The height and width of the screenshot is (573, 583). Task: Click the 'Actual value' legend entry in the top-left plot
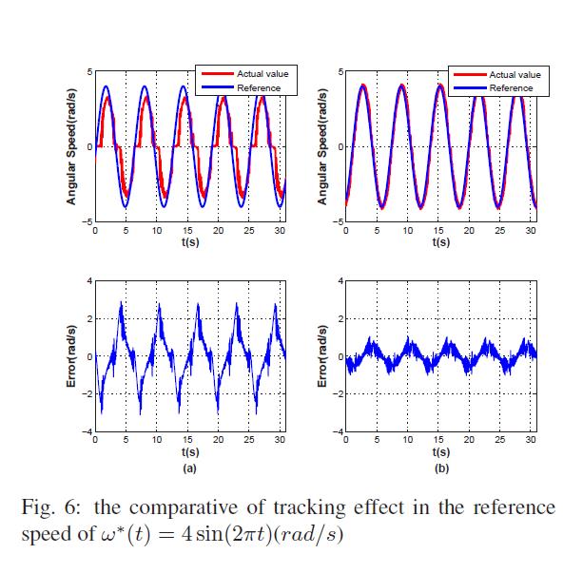pos(259,74)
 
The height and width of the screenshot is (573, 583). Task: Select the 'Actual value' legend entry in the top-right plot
pos(514,74)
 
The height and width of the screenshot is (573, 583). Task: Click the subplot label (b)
pos(439,468)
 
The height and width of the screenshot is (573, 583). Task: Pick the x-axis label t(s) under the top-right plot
pos(439,242)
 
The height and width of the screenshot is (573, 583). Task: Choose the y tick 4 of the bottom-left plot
pos(88,282)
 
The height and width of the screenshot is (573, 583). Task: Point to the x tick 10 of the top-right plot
pos(407,231)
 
